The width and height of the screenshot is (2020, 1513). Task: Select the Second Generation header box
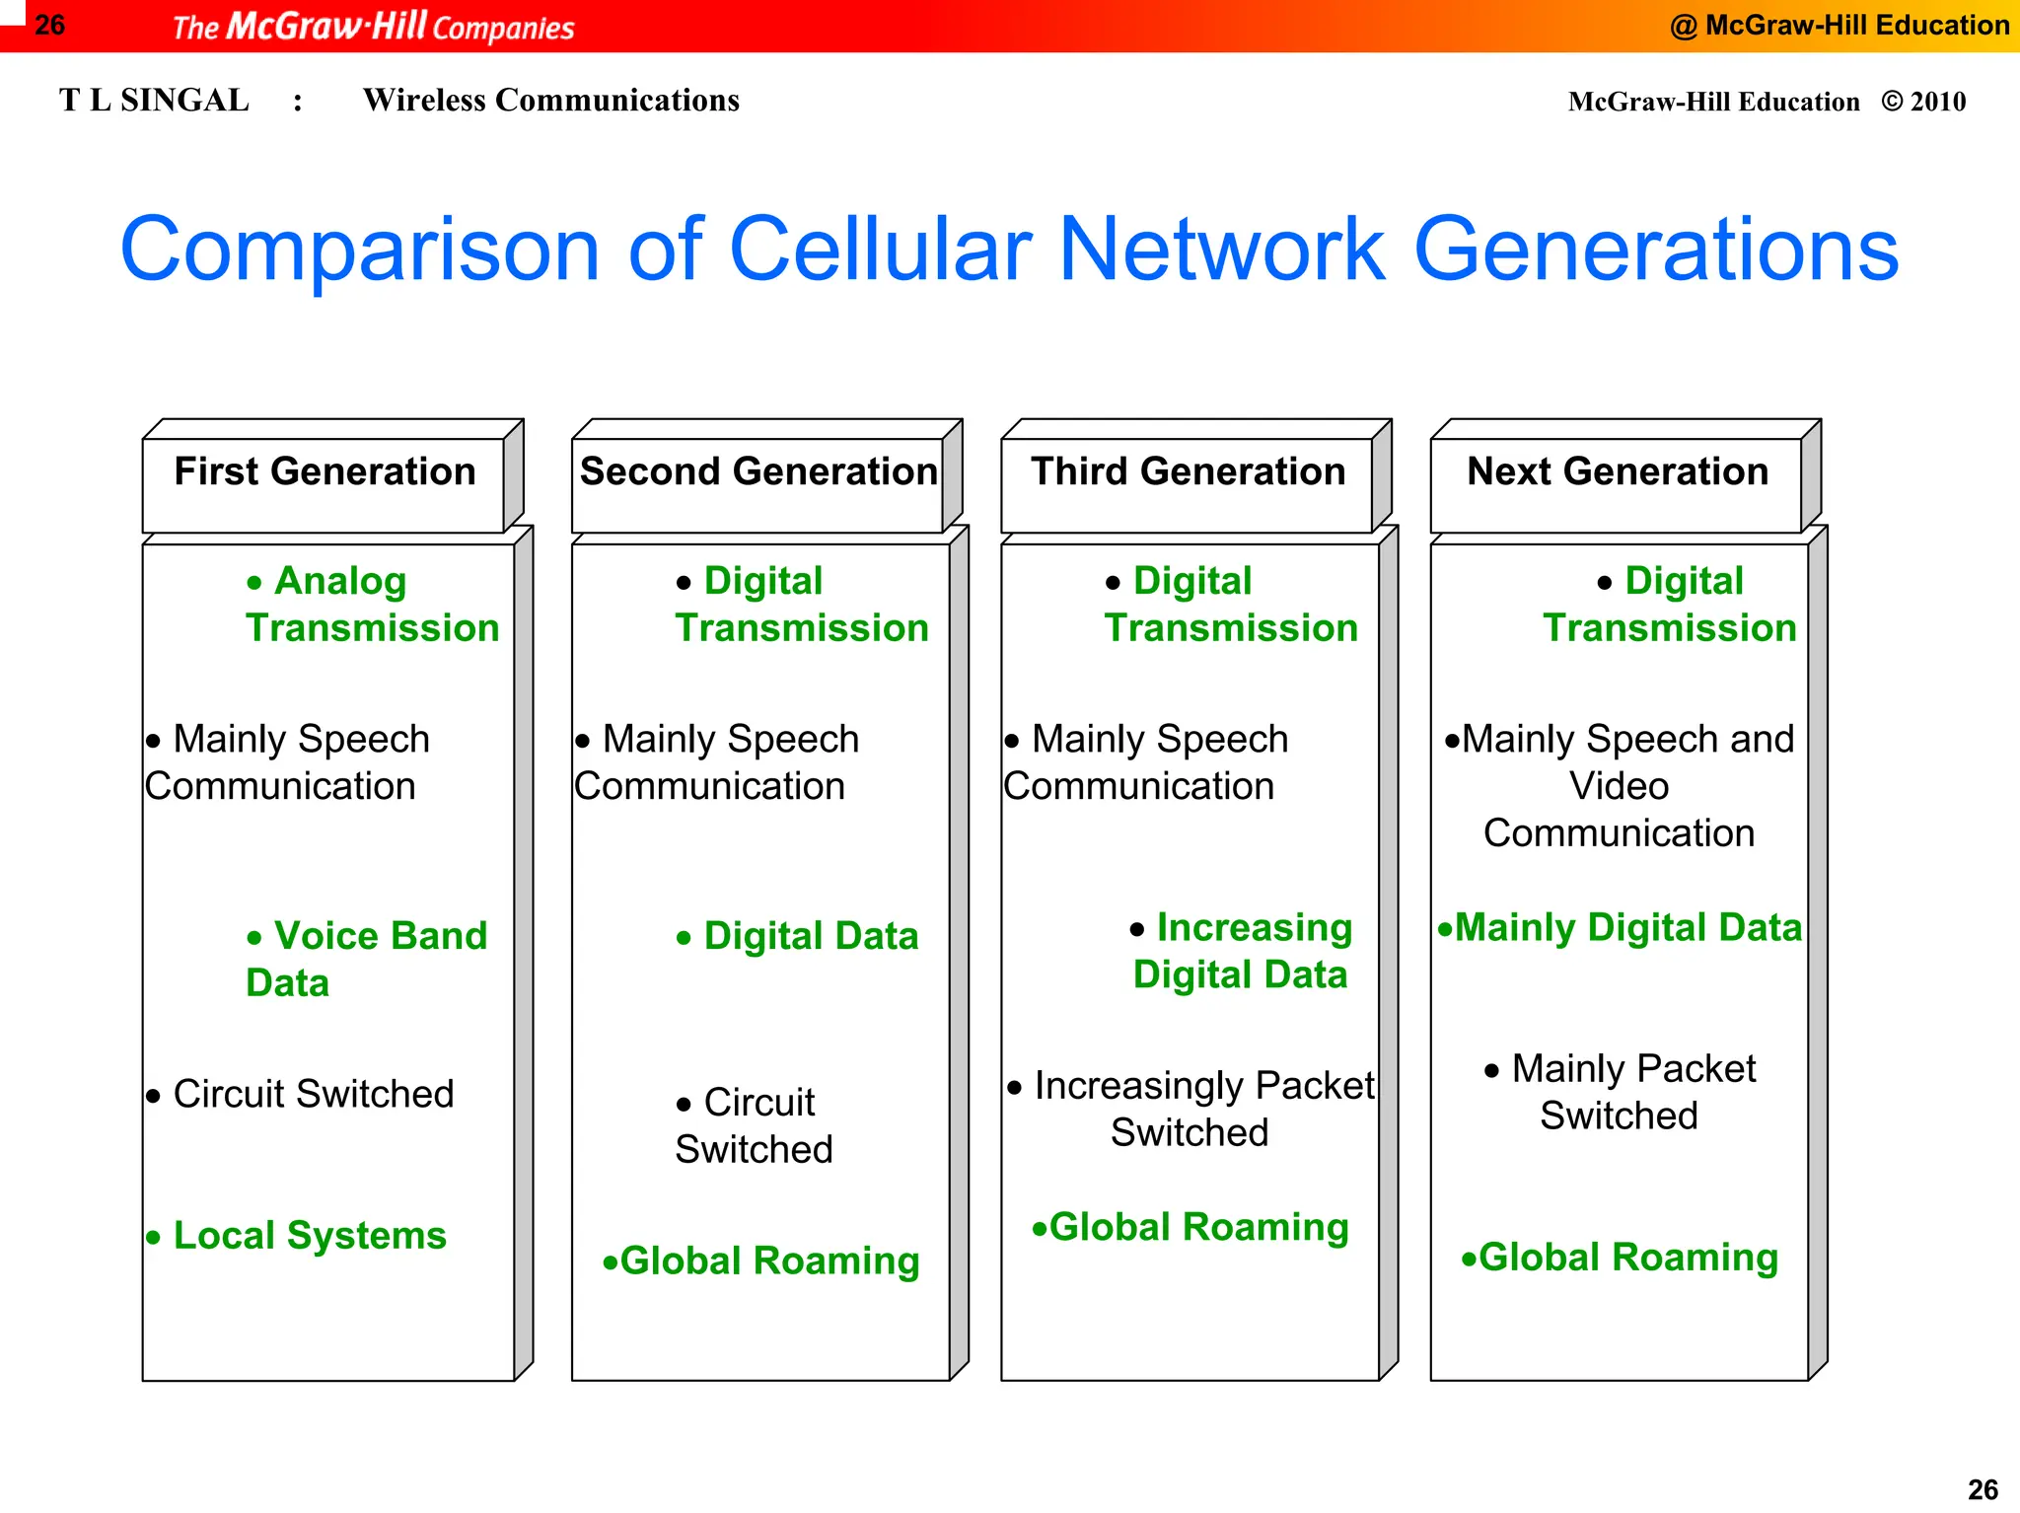pyautogui.click(x=757, y=473)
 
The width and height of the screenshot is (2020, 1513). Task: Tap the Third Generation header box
pyautogui.click(x=1188, y=473)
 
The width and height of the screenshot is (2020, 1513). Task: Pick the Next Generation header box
pyautogui.click(x=1617, y=473)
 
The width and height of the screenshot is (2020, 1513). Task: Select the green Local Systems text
pyautogui.click(x=309, y=1236)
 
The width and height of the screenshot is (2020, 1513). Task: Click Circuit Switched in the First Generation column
pyautogui.click(x=312, y=1094)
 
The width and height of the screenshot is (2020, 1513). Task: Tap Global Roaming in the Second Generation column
pyautogui.click(x=768, y=1261)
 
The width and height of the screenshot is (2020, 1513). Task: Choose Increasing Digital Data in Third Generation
pyautogui.click(x=1240, y=951)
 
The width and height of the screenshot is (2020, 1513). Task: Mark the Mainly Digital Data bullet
pyautogui.click(x=1626, y=928)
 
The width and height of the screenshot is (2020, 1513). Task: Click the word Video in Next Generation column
pyautogui.click(x=1619, y=786)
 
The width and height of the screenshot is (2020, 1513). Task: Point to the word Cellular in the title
pyautogui.click(x=880, y=250)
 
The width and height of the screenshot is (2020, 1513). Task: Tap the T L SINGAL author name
pyautogui.click(x=154, y=101)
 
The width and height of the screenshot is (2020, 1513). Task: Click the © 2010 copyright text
pyautogui.click(x=1922, y=102)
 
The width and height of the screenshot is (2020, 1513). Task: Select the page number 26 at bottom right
pyautogui.click(x=1983, y=1489)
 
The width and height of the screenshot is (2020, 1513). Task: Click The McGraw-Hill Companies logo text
pyautogui.click(x=373, y=27)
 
